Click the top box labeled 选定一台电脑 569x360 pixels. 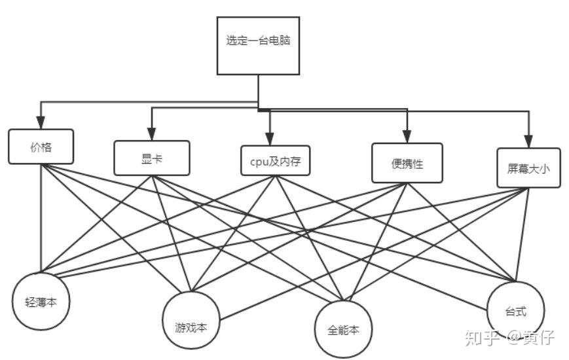[x=258, y=46]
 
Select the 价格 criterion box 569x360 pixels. [x=41, y=147]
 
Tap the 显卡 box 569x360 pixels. [x=152, y=158]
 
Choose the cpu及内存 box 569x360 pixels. [x=276, y=160]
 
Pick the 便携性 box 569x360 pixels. [x=407, y=163]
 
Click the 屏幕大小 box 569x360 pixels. [x=528, y=168]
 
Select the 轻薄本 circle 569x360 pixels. [x=41, y=301]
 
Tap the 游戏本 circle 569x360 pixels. [x=191, y=320]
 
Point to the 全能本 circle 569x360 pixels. [x=343, y=329]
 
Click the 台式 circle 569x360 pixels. [x=515, y=311]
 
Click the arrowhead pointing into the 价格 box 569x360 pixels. [x=41, y=122]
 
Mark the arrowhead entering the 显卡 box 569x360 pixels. [x=152, y=134]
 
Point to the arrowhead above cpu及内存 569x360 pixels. [x=270, y=139]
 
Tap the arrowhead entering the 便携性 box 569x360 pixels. [x=407, y=137]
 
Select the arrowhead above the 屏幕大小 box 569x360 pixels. [x=528, y=141]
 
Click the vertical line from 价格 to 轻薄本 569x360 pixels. [x=41, y=219]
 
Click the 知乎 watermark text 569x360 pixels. [x=482, y=338]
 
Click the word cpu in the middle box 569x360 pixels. [x=259, y=162]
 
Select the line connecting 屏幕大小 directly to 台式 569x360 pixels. [x=522, y=235]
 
